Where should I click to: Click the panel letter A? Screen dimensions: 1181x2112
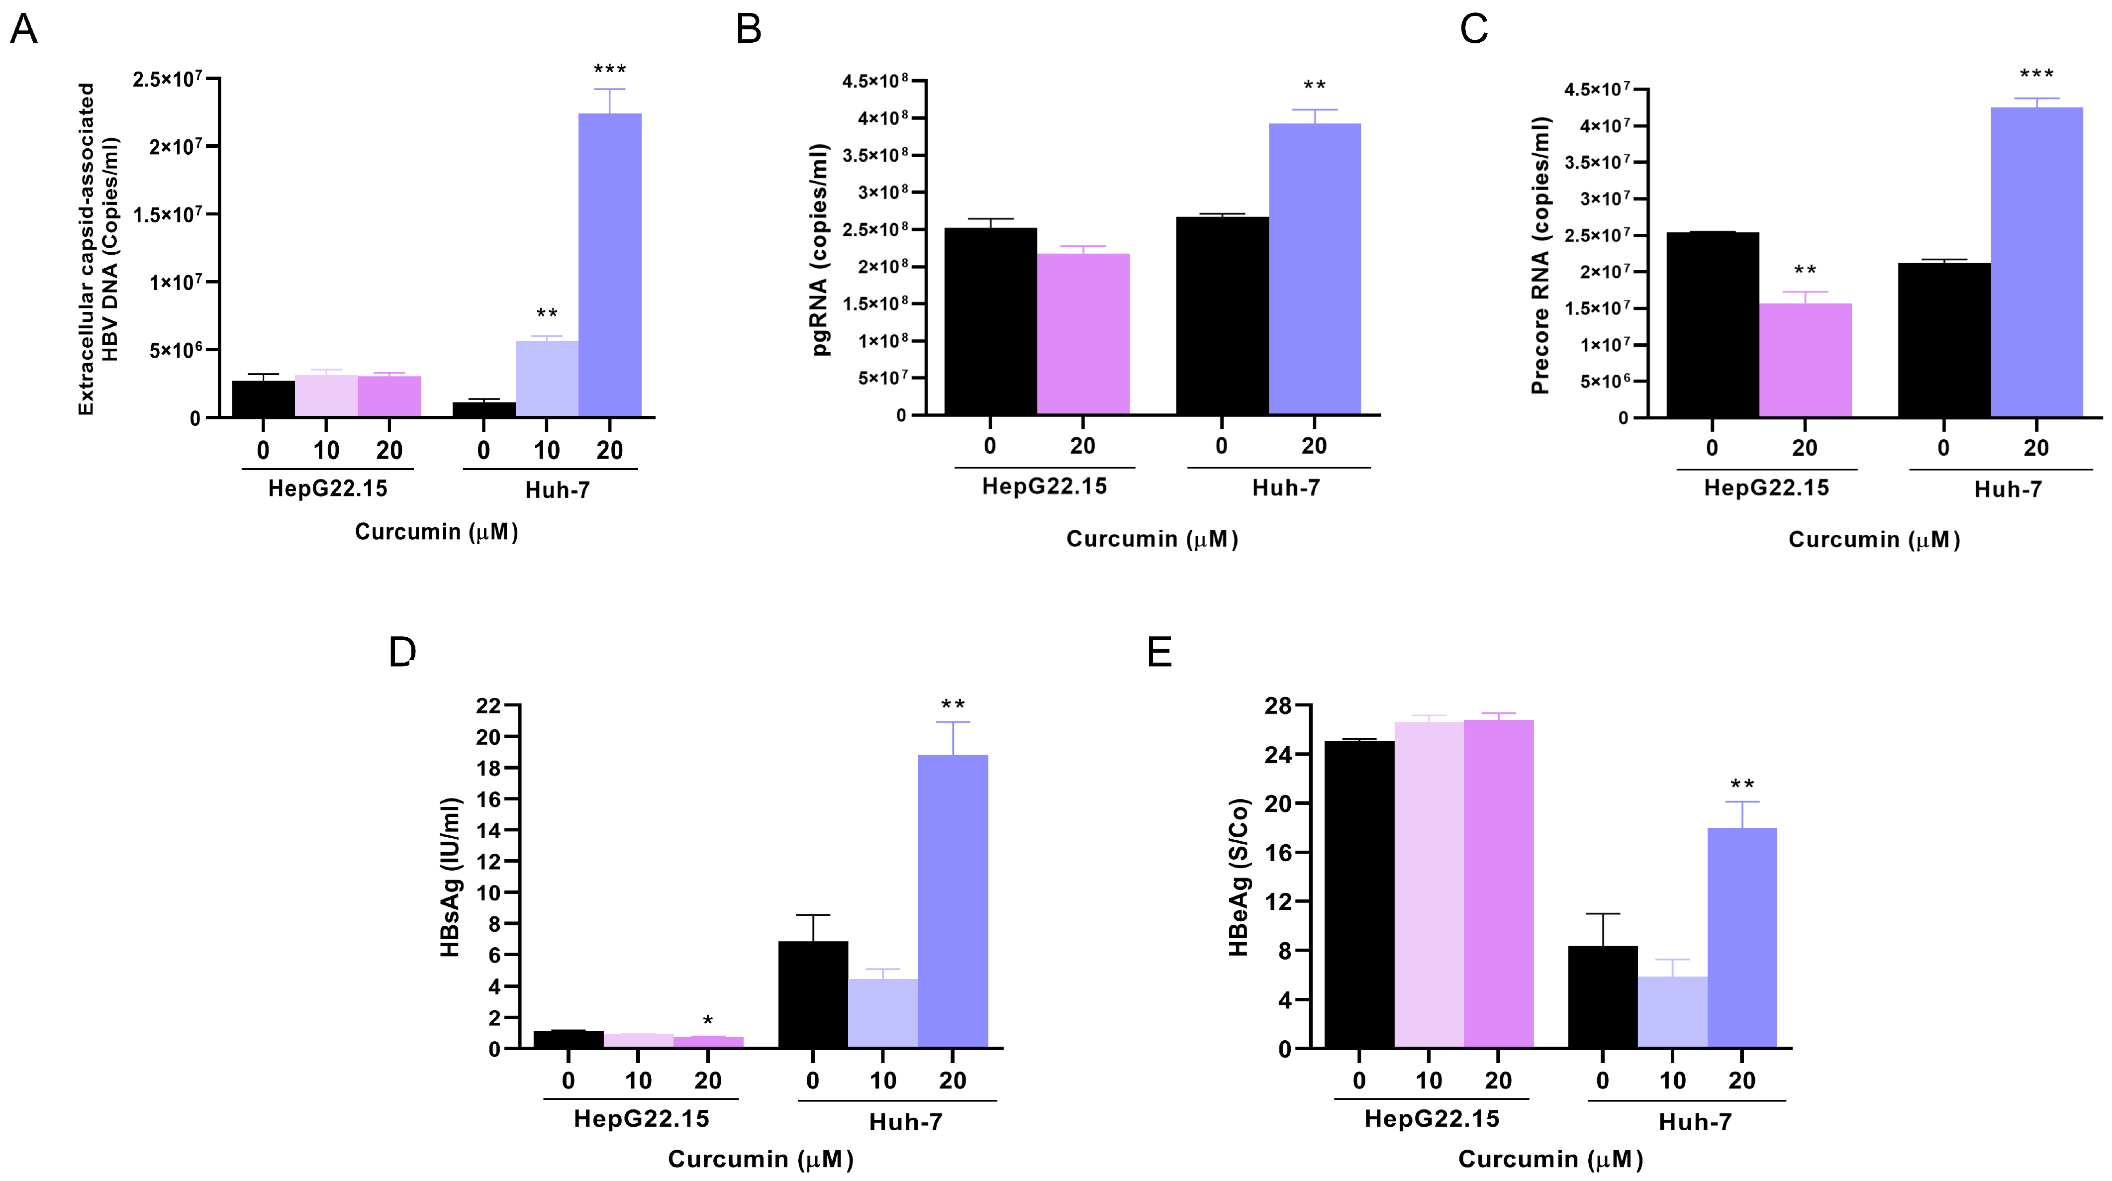pyautogui.click(x=24, y=29)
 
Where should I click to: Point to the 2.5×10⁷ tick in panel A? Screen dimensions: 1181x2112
pyautogui.click(x=167, y=80)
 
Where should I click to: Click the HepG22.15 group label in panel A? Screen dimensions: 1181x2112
pyautogui.click(x=327, y=489)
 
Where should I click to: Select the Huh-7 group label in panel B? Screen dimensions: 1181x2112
pyautogui.click(x=1286, y=488)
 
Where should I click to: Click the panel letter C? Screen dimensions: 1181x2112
pyautogui.click(x=1473, y=29)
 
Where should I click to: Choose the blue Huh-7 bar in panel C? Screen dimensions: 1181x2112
pyautogui.click(x=2036, y=263)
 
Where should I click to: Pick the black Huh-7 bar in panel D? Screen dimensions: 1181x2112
pyautogui.click(x=812, y=994)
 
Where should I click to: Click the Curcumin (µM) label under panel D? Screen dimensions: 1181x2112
pyautogui.click(x=761, y=1159)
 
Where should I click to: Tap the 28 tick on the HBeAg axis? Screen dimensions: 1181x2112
pyautogui.click(x=1277, y=706)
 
